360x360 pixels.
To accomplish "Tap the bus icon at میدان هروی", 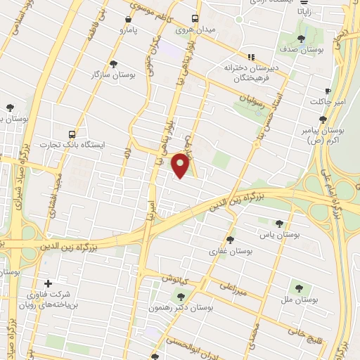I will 195,19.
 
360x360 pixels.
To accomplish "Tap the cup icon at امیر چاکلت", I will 328,91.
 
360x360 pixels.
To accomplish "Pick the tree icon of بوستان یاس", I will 280,224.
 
